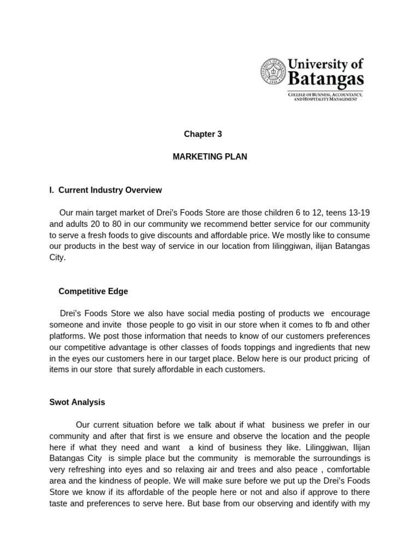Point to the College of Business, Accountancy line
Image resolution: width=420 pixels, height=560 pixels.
tap(325, 95)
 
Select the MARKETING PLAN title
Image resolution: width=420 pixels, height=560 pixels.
tap(209, 157)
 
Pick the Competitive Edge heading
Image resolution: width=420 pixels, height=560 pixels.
tap(93, 291)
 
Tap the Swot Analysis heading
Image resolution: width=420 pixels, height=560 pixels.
tap(77, 402)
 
